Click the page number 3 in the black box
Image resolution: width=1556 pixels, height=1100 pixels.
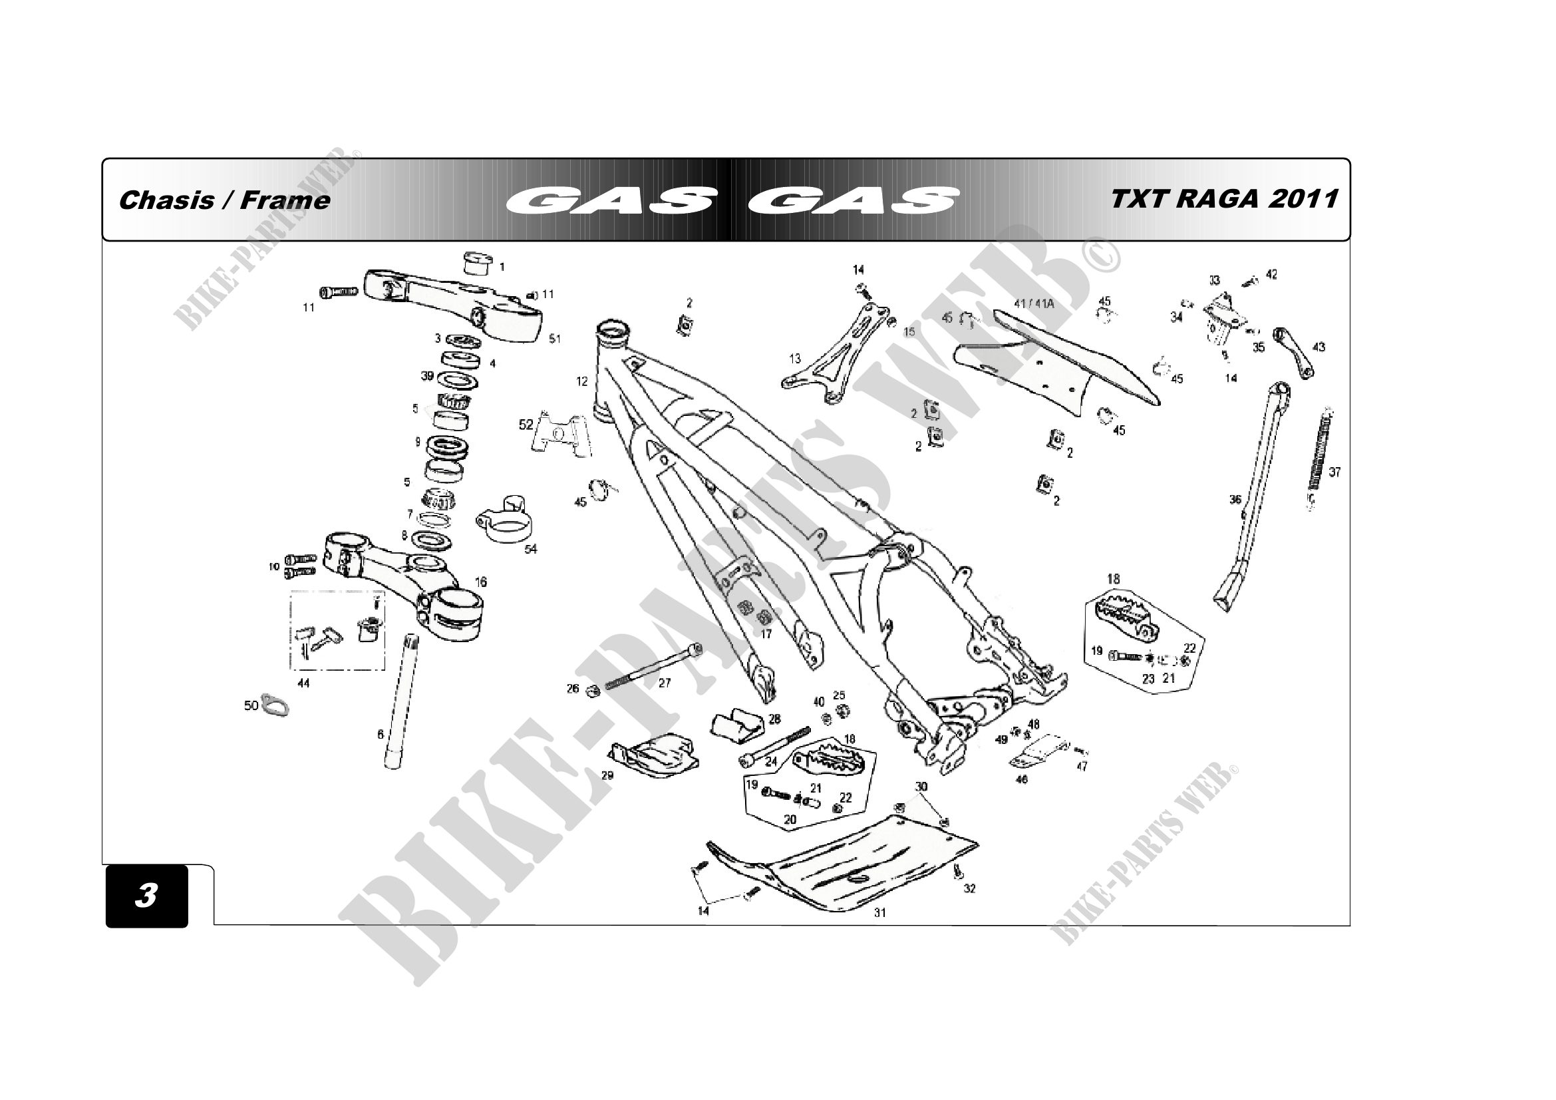[146, 895]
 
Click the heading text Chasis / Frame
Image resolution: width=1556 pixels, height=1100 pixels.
[224, 200]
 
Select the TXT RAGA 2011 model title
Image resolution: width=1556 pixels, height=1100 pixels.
[1224, 198]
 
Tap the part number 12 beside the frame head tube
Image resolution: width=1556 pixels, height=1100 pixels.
[582, 381]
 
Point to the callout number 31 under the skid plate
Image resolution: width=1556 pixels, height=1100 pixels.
[879, 913]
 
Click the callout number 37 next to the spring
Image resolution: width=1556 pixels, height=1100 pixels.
[1334, 472]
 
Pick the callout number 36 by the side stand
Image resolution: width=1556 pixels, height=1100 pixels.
[1235, 500]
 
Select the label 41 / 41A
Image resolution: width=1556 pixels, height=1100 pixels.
[1034, 304]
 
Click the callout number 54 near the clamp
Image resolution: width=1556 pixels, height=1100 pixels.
[531, 549]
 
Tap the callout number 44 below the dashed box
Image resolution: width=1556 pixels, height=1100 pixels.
[303, 683]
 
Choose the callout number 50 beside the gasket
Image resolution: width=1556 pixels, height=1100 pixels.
[251, 705]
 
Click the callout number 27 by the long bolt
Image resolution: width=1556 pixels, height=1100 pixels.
[664, 683]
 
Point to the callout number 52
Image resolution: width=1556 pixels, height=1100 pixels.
[526, 425]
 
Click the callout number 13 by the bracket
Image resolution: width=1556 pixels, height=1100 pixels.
[795, 359]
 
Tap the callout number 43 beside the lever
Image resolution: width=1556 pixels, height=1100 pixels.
[1319, 347]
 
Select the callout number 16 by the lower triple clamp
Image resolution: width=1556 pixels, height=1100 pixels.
[480, 582]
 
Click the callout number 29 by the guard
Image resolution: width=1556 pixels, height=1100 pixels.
[607, 775]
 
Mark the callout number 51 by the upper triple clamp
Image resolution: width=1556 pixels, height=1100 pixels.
[555, 339]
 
